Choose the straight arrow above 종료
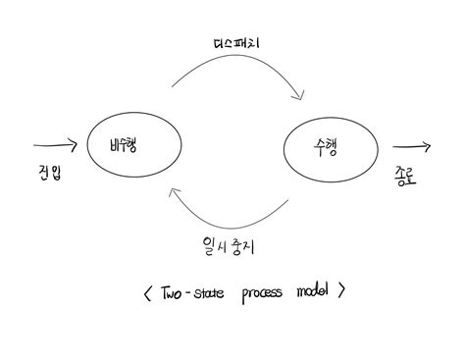pos(410,148)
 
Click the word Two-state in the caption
pos(189,290)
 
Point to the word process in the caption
pos(259,292)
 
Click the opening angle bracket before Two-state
pos(147,291)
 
